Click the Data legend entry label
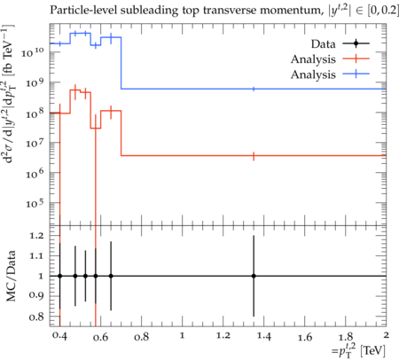323,44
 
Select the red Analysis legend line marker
356,59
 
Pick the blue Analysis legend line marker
356,74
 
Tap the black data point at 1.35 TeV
254,276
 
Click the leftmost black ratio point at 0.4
60,276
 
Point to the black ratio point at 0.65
111,276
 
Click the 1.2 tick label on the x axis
223,336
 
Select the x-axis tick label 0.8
141,337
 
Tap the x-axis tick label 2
386,335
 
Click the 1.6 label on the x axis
305,337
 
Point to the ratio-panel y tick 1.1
36,256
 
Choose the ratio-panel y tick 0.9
36,296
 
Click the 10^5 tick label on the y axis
35,203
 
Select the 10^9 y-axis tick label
35,82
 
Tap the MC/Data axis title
11,276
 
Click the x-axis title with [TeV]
358,350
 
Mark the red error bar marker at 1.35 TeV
254,156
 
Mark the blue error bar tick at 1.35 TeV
254,89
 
